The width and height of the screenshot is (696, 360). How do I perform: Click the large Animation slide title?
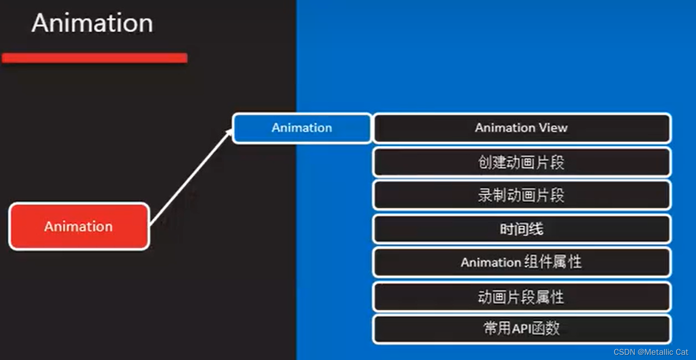coord(92,23)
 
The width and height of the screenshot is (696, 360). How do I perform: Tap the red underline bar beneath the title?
coord(94,58)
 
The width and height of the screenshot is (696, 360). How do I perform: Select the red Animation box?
coord(79,226)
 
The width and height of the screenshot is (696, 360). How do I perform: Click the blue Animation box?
coord(302,128)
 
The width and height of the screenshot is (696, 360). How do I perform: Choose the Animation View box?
coord(522,128)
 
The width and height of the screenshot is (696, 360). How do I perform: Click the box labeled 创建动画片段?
coord(522,162)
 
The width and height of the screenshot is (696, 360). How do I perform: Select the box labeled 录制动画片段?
coord(522,195)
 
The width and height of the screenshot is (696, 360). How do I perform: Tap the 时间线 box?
coord(522,229)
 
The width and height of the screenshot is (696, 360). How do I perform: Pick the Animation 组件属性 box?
coord(522,262)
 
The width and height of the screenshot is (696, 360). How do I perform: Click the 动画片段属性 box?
coord(522,297)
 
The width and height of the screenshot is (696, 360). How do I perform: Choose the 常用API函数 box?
coord(522,329)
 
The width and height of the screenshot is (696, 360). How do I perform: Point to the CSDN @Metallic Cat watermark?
coord(650,352)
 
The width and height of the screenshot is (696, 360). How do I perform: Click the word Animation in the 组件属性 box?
coord(491,262)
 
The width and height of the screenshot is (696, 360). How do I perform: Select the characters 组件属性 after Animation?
coord(553,262)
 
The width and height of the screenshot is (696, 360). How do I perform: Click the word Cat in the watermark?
coord(682,352)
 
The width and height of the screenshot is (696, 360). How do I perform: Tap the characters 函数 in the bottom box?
coord(545,329)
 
